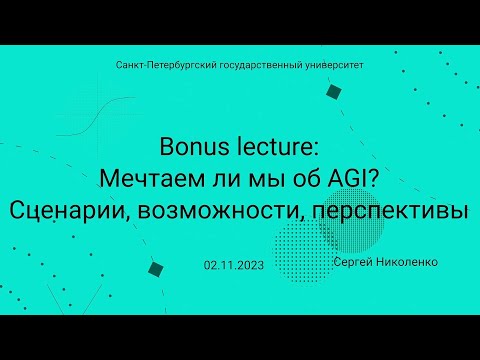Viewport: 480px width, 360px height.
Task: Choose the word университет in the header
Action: coord(329,64)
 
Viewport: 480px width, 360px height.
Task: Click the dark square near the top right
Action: coord(334,92)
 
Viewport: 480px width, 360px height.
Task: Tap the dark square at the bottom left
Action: coord(155,270)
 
